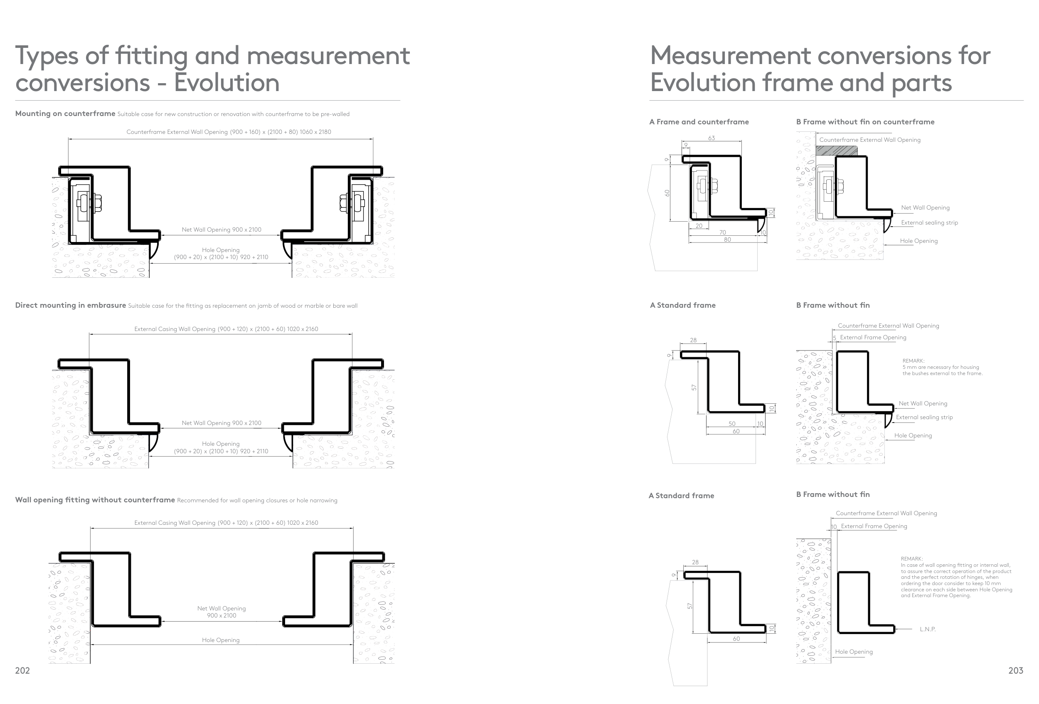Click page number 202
pyautogui.click(x=22, y=670)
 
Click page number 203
pyautogui.click(x=1015, y=670)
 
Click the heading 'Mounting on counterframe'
pyautogui.click(x=65, y=114)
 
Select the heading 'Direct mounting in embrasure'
pyautogui.click(x=71, y=306)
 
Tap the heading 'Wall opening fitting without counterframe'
pyautogui.click(x=95, y=499)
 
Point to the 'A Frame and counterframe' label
pyautogui.click(x=699, y=122)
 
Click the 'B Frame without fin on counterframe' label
pyautogui.click(x=865, y=122)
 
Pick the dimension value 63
pyautogui.click(x=711, y=138)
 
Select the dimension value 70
pyautogui.click(x=722, y=232)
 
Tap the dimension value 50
pyautogui.click(x=732, y=424)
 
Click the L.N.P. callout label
pyautogui.click(x=928, y=629)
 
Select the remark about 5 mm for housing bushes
pyautogui.click(x=942, y=367)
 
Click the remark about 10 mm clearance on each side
pyautogui.click(x=956, y=577)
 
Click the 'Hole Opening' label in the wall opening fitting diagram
pyautogui.click(x=220, y=640)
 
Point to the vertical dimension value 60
pyautogui.click(x=667, y=193)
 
